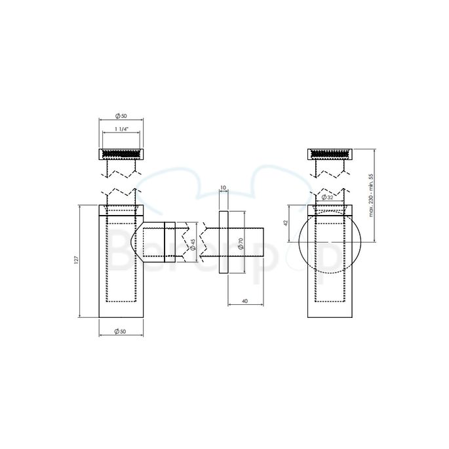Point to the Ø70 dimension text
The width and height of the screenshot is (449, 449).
coord(241,243)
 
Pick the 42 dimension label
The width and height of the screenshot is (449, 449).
coord(286,223)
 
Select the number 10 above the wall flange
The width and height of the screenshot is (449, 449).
coord(223,188)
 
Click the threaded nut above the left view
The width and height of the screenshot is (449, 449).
coord(121,154)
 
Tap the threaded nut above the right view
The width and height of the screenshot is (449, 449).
coord(331,154)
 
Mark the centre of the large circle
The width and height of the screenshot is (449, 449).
coord(321,243)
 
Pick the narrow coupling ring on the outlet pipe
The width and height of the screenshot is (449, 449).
coord(170,243)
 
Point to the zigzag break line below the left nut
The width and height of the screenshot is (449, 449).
coord(121,172)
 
